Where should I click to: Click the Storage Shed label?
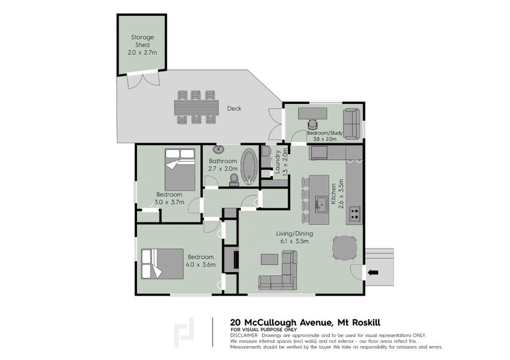142,41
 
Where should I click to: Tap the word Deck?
234,108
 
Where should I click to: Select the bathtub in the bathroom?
249,166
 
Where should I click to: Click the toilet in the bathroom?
234,180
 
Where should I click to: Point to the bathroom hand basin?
219,149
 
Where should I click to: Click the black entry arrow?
373,273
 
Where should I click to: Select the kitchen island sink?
321,205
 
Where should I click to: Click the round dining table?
345,247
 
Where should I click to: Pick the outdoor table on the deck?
196,107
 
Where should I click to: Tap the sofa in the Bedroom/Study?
352,124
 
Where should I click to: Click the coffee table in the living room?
270,260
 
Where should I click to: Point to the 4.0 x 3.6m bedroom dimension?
201,264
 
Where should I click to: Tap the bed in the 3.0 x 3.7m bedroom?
180,169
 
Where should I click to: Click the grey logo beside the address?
184,332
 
